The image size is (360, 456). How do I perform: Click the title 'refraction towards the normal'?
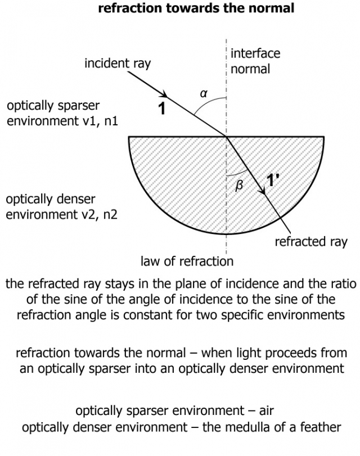pyautogui.click(x=196, y=8)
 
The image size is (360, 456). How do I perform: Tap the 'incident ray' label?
pyautogui.click(x=118, y=63)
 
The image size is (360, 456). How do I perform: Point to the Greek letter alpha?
pyautogui.click(x=204, y=94)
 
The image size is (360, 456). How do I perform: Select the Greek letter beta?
pyautogui.click(x=238, y=185)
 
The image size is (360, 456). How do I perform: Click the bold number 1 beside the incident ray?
pyautogui.click(x=161, y=109)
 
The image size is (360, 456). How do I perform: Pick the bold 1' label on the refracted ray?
pyautogui.click(x=272, y=180)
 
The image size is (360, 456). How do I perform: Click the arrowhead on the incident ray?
pyautogui.click(x=165, y=95)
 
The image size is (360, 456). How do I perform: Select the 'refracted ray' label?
pyautogui.click(x=311, y=242)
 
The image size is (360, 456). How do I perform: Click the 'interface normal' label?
pyautogui.click(x=255, y=61)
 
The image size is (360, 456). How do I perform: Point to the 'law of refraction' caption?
pyautogui.click(x=187, y=261)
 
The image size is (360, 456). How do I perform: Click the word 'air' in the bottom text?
pyautogui.click(x=266, y=410)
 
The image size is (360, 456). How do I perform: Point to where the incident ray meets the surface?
pyautogui.click(x=227, y=136)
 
